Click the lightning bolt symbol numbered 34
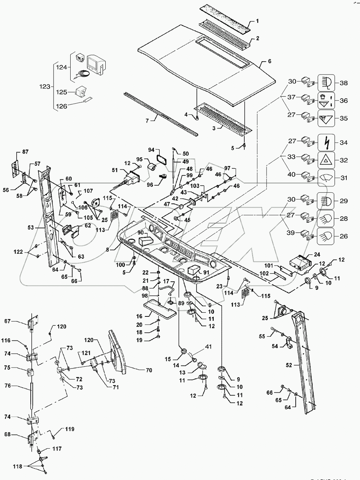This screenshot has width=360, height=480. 326,142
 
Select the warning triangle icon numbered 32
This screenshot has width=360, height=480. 326,160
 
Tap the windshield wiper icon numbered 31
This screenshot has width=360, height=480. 326,178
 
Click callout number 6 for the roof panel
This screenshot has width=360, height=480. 269,61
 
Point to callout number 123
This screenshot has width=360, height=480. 45,86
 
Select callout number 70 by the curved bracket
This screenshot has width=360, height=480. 149,370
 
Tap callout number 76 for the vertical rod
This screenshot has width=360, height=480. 7,386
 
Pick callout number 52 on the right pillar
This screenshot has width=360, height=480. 289,365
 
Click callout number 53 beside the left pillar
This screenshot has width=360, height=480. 30,228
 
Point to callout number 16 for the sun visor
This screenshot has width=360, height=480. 139,316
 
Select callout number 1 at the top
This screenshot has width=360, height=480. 257,21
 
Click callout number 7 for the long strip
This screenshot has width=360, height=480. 147,120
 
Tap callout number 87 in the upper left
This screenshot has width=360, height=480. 25,152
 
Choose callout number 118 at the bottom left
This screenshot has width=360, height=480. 17,466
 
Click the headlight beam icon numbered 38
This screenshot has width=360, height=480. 326,83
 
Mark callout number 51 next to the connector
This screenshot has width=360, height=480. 115,170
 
